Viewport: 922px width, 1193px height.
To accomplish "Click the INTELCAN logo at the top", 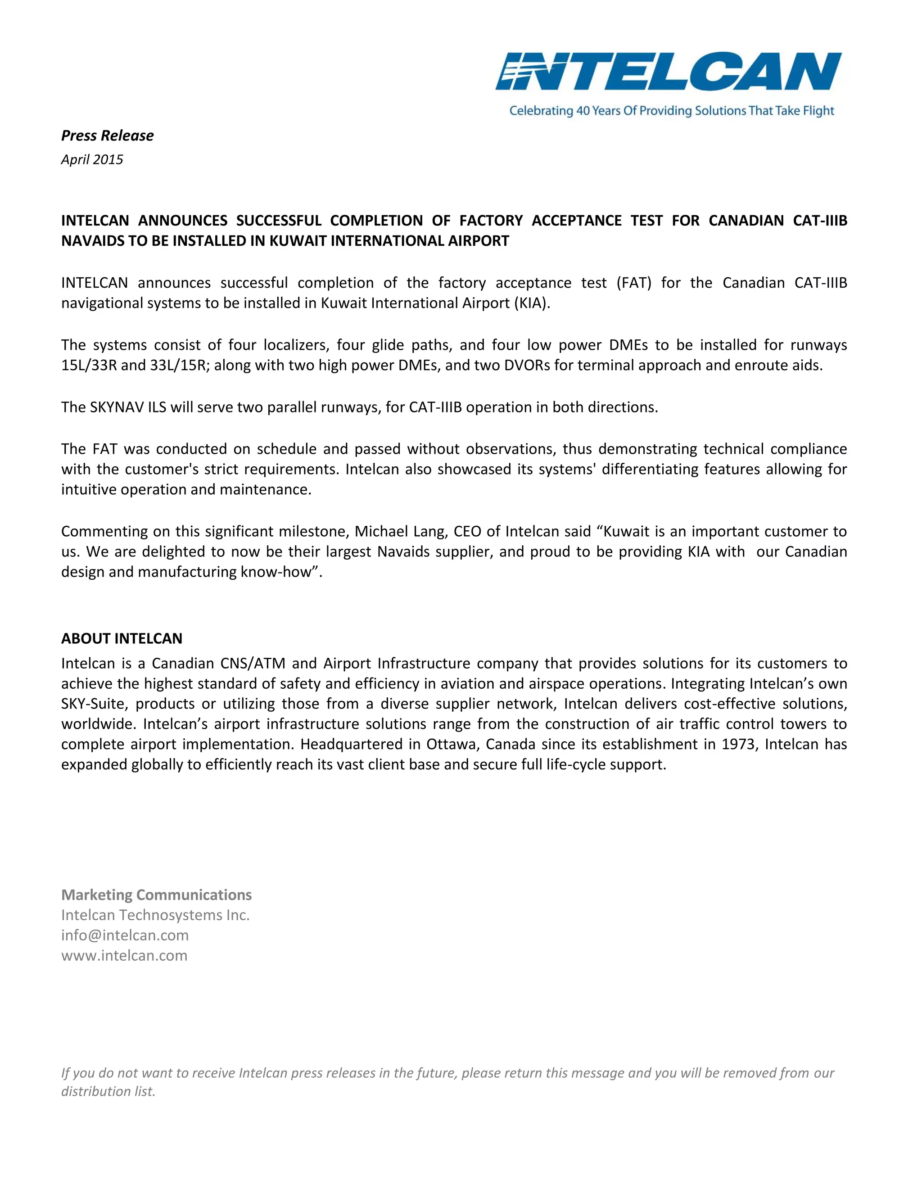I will (669, 72).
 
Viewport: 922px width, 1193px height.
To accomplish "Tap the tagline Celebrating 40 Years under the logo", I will (671, 111).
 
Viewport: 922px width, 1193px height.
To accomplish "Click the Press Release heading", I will (107, 136).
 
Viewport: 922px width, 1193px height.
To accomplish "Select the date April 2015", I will (92, 159).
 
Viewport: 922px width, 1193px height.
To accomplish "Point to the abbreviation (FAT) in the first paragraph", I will (633, 283).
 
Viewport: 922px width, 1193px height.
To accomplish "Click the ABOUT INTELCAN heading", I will (122, 638).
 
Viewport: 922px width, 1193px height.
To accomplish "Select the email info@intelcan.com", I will (125, 935).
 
